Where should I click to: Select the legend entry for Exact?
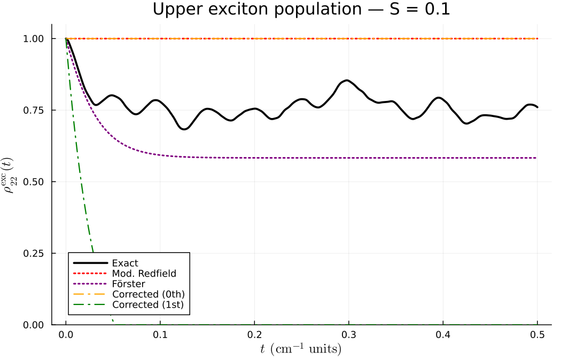click(x=126, y=263)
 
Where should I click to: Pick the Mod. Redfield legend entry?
click(x=144, y=273)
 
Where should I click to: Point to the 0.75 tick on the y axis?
click(x=35, y=110)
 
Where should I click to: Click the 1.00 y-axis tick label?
click(x=35, y=38)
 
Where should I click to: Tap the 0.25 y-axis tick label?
click(x=35, y=253)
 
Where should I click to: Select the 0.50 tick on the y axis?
click(x=35, y=182)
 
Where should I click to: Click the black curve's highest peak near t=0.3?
click(x=347, y=81)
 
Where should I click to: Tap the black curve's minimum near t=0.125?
click(x=184, y=129)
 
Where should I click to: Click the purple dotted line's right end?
click(x=536, y=158)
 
